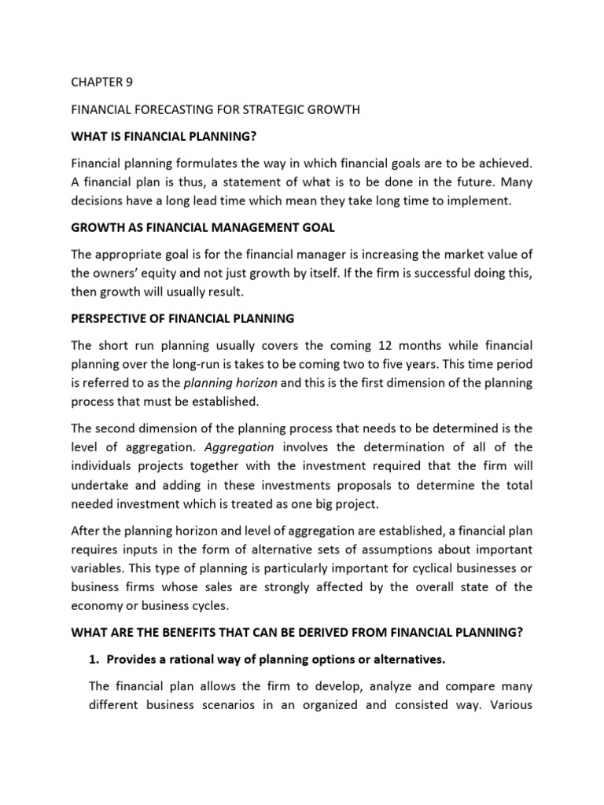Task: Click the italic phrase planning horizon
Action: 229,384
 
